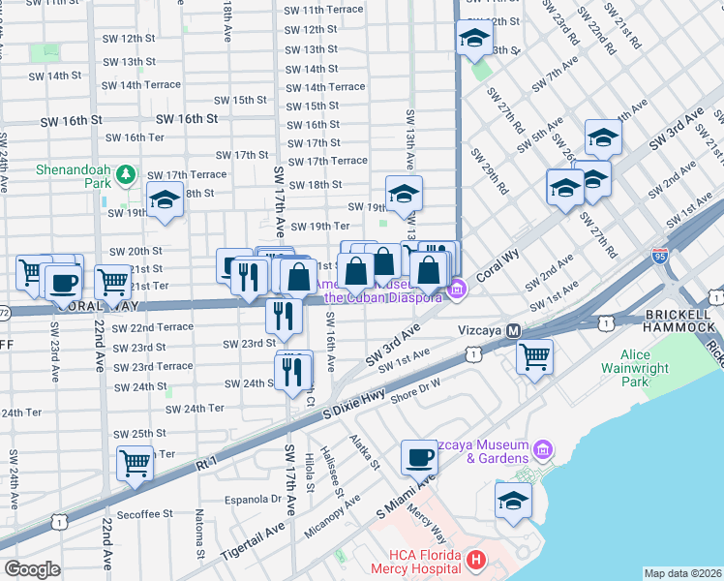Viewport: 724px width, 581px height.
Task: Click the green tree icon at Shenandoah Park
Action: (125, 174)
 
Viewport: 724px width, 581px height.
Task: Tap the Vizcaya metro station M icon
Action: (515, 330)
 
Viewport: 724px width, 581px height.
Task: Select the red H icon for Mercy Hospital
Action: (475, 560)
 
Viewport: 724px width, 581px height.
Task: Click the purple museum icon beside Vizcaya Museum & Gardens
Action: (541, 449)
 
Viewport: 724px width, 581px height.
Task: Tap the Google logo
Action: (32, 569)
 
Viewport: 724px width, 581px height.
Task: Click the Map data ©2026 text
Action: (683, 573)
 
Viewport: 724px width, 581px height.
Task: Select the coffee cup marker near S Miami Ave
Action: (419, 455)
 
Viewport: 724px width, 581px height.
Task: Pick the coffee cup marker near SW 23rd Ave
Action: (64, 282)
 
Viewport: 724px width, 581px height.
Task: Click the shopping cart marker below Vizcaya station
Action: (534, 355)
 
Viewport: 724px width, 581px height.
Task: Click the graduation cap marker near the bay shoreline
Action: (513, 499)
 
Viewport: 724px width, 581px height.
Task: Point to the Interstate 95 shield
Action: (659, 256)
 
